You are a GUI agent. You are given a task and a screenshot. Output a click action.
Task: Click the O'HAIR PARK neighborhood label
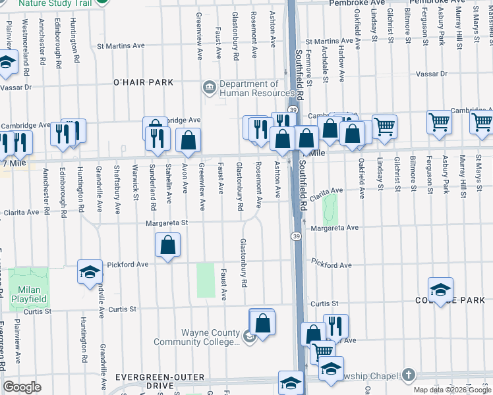point(143,82)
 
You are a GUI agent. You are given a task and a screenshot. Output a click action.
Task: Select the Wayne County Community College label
point(196,337)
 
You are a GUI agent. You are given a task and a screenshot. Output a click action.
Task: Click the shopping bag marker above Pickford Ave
point(169,246)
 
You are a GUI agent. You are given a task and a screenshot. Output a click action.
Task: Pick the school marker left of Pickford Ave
point(90,272)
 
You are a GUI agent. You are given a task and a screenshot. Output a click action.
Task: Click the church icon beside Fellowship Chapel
point(408,375)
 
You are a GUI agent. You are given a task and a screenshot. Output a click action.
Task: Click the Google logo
point(22,387)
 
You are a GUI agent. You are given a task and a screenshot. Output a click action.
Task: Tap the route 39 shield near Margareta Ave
point(296,236)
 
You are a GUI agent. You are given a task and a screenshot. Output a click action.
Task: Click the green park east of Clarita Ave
point(330,209)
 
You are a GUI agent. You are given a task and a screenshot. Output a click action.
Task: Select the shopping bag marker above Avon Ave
point(188,140)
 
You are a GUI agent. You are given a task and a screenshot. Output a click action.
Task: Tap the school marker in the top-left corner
point(7,63)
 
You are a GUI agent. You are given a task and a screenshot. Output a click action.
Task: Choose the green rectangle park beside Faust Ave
point(206,280)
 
